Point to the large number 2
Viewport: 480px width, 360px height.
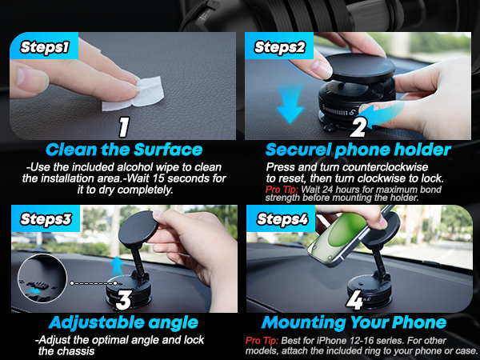click(357, 127)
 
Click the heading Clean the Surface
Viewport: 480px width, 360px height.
click(123, 150)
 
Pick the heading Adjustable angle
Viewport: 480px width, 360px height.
click(123, 322)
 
